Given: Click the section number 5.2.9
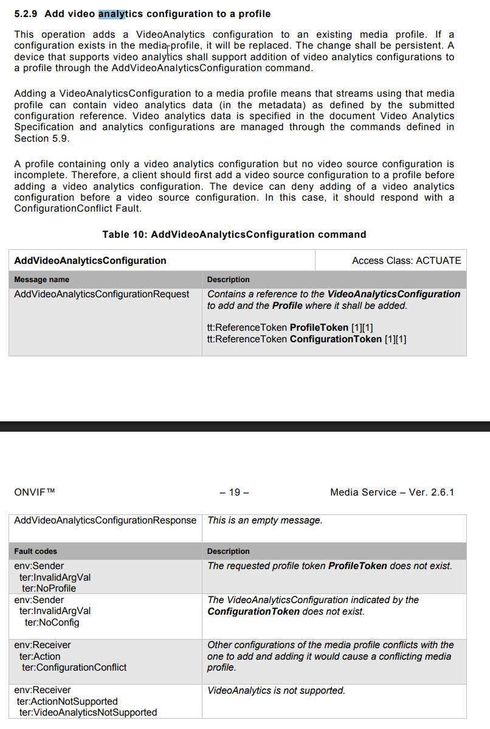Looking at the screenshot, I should (26, 13).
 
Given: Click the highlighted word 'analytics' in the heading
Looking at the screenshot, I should (115, 13).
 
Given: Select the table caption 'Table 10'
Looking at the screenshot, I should (124, 234).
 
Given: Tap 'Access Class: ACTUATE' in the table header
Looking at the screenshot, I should (406, 260).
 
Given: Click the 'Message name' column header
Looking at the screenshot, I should (41, 280).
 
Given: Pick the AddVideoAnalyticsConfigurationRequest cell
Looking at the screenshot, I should (102, 294).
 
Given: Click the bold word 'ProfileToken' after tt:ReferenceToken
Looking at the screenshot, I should (319, 328).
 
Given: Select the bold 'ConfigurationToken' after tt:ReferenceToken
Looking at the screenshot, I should (336, 339).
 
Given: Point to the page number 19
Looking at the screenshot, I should (235, 492).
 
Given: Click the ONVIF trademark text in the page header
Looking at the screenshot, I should (34, 492).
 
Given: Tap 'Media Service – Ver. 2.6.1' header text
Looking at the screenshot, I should (392, 492).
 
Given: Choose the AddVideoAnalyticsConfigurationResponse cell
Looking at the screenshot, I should (105, 520).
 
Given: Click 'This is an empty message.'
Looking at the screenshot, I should (265, 520).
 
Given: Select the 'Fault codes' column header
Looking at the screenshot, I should (35, 551).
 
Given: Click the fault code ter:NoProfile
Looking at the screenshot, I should (49, 589).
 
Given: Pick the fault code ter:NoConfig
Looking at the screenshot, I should (52, 623).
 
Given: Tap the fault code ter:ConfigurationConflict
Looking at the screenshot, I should (74, 668).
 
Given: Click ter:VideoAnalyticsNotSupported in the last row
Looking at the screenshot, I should (88, 713).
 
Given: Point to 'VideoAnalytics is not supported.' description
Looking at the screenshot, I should (276, 691).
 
